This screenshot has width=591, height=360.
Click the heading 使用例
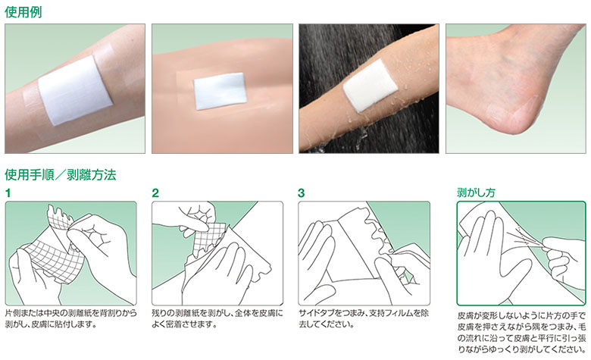pos(23,12)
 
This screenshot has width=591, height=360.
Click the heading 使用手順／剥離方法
pos(61,175)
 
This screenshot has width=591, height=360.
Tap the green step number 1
pos(8,193)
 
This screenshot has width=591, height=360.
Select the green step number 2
pos(155,193)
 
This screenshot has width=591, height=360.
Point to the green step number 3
pos(301,193)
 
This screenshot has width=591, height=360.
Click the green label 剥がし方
pos(476,193)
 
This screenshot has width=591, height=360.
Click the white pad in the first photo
pos(74,90)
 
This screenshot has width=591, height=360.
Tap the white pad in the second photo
pos(220,91)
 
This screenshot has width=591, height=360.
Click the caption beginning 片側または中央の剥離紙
pos(71,318)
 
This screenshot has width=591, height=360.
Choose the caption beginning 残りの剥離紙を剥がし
pos(217,318)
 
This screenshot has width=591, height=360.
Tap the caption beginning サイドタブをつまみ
pos(364,318)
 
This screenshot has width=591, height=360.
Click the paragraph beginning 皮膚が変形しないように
pos(521,332)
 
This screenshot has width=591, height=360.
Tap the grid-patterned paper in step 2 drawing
pos(208,237)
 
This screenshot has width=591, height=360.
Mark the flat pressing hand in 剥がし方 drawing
pos(490,256)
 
